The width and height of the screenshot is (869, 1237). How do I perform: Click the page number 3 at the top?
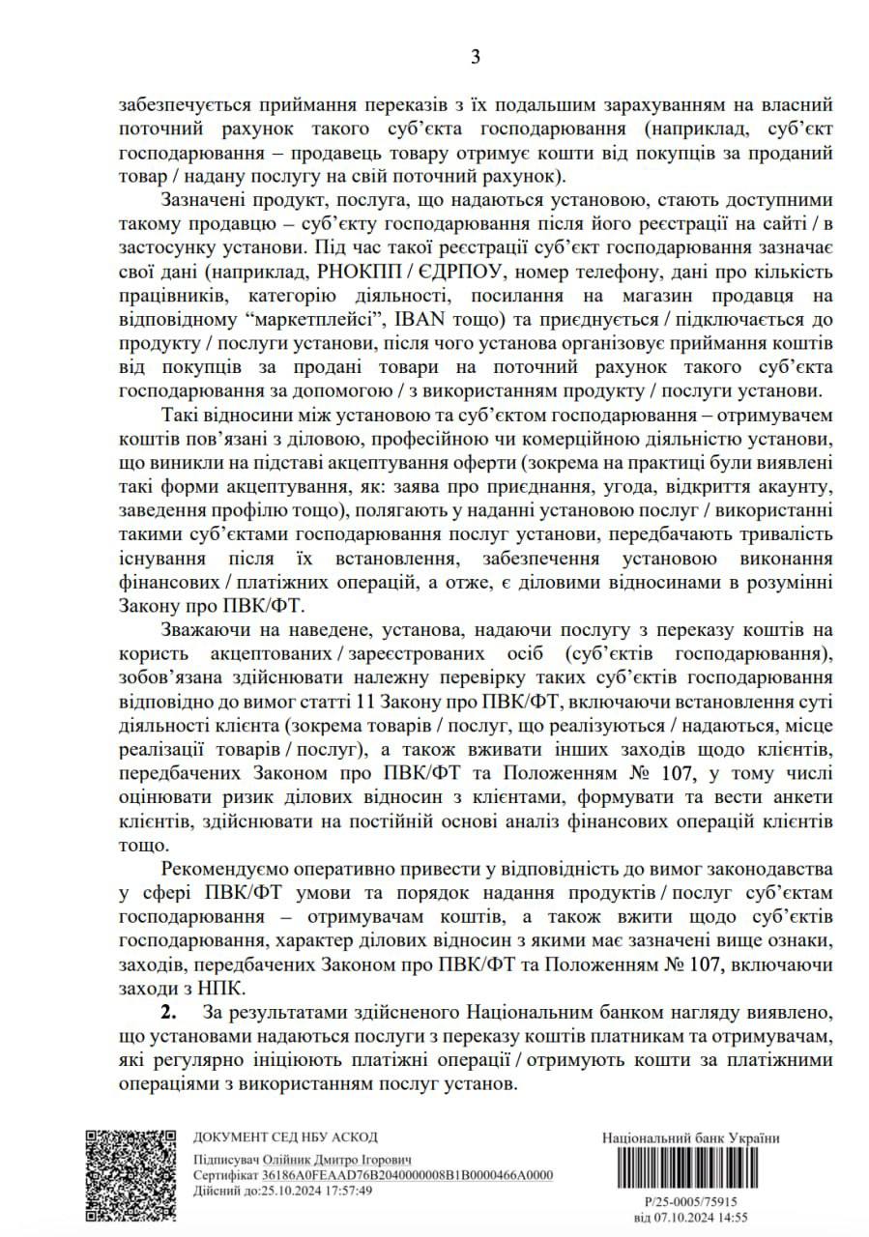[x=475, y=56]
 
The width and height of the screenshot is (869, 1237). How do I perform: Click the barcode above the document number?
[x=689, y=1172]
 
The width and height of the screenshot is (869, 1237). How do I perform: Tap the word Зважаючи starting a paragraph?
[x=213, y=630]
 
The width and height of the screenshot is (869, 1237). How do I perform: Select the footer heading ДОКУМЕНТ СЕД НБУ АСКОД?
[x=285, y=1136]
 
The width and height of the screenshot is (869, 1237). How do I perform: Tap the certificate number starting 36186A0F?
[x=407, y=1174]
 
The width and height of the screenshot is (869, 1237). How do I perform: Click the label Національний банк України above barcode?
[x=690, y=1138]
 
